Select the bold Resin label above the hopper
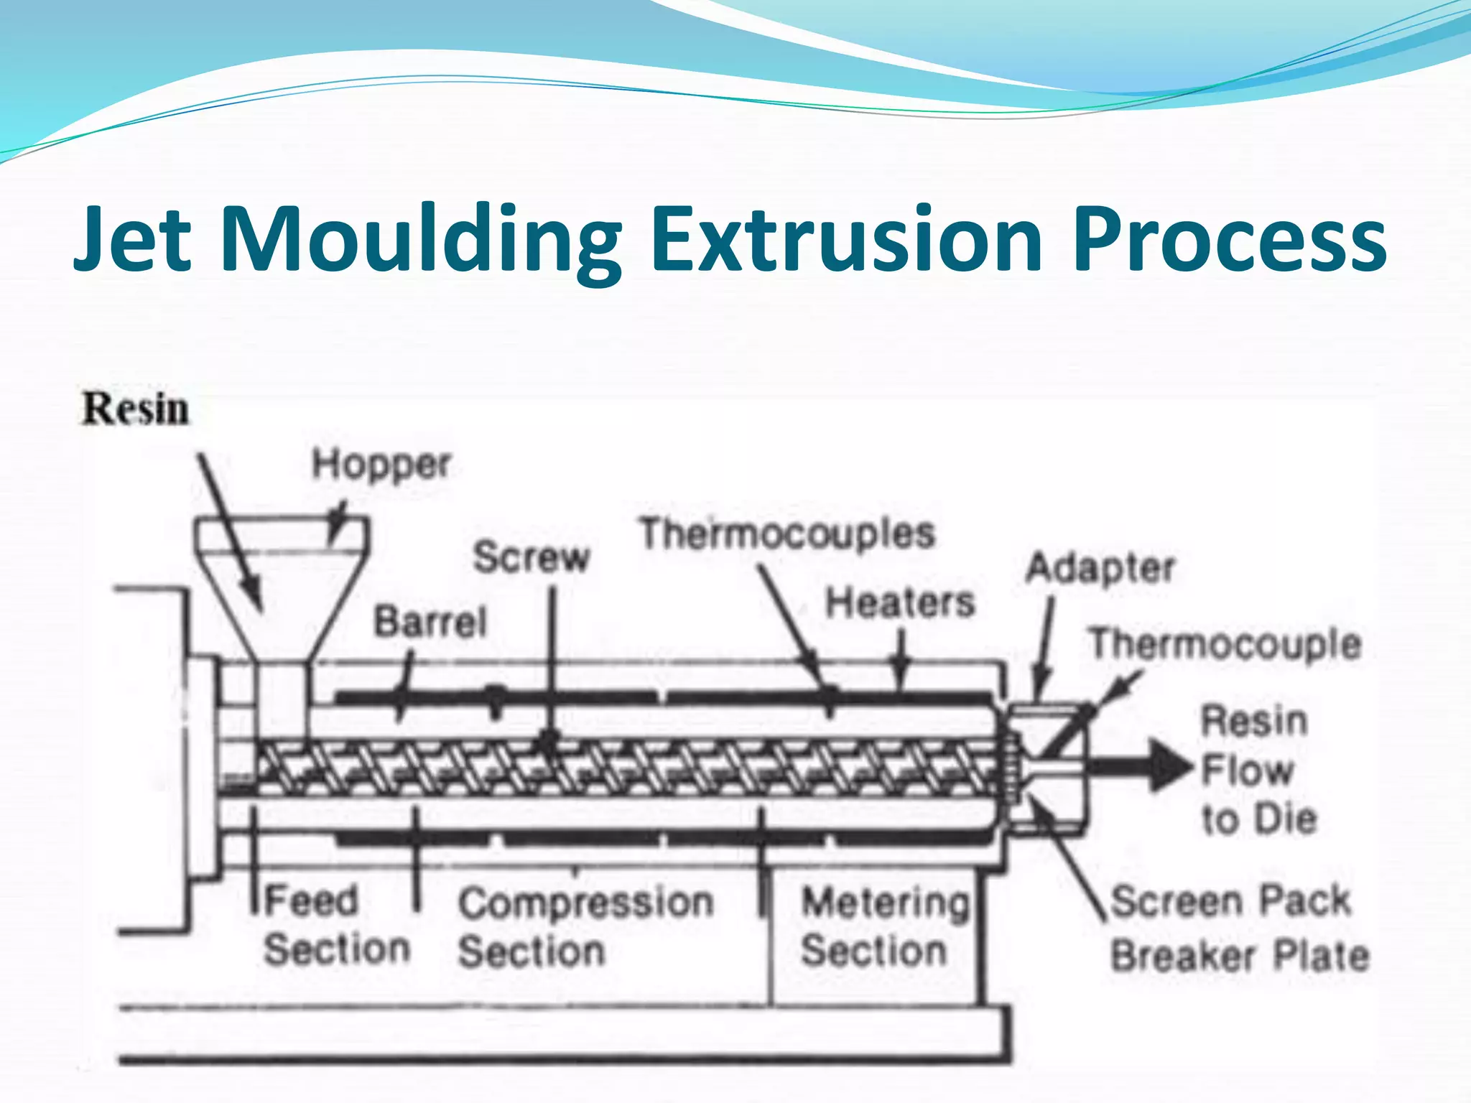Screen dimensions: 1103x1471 pyautogui.click(x=136, y=409)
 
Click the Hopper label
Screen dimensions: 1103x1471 pyautogui.click(x=381, y=465)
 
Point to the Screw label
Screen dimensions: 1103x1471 pyautogui.click(x=531, y=557)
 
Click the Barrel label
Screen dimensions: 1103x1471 pyautogui.click(x=430, y=621)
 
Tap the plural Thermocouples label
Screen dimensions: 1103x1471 pyautogui.click(x=787, y=534)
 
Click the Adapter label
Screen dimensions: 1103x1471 pyautogui.click(x=1100, y=568)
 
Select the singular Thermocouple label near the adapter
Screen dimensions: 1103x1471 pyautogui.click(x=1225, y=643)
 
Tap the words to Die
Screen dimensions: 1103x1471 pyautogui.click(x=1259, y=819)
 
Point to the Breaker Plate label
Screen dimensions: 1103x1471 pyautogui.click(x=1240, y=956)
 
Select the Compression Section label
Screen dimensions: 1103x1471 pyautogui.click(x=585, y=926)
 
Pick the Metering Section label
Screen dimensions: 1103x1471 pyautogui.click(x=885, y=926)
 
